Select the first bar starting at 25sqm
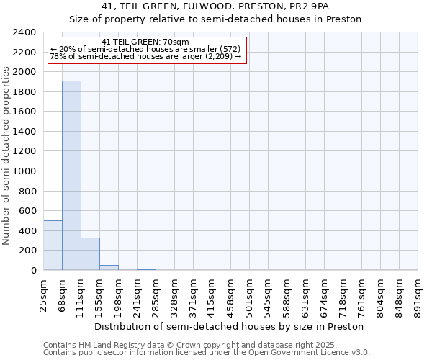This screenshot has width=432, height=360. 53,245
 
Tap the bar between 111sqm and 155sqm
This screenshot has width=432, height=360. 90,253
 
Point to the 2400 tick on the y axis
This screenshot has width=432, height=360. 24,32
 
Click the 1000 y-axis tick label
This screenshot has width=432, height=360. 24,171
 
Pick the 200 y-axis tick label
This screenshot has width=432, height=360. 27,251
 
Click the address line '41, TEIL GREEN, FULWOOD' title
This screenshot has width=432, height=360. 215,6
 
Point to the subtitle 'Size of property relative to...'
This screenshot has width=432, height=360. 215,19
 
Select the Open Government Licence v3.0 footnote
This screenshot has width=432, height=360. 207,353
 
